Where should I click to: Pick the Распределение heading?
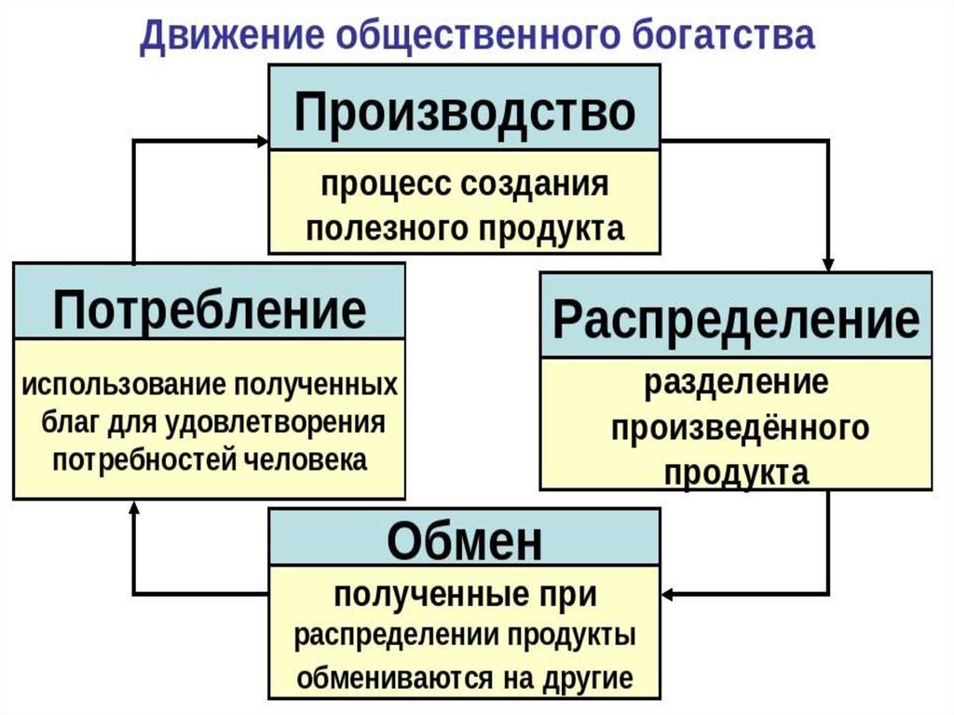(736, 320)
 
